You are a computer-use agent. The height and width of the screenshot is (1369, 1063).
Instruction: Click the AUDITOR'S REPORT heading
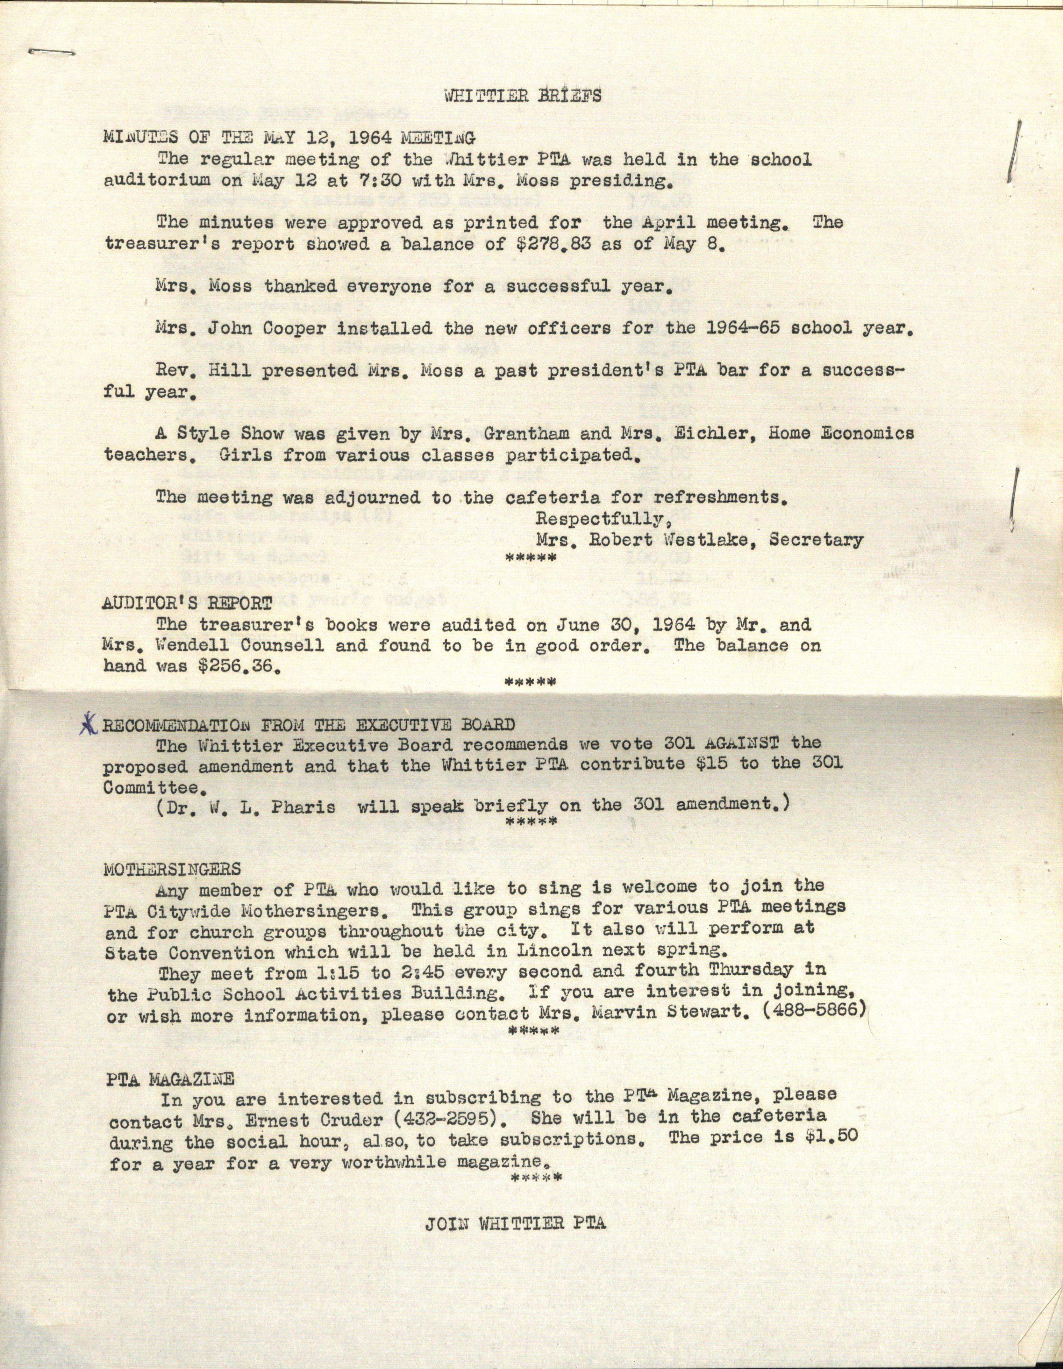[187, 604]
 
